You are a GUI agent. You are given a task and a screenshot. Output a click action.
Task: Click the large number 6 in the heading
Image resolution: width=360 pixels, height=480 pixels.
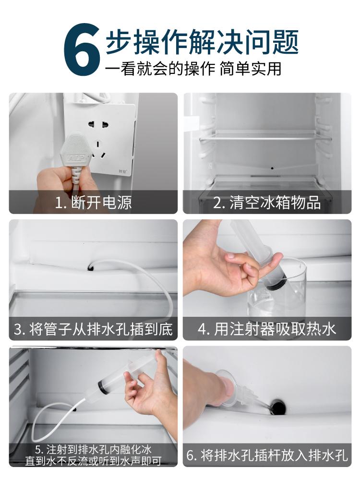pyautogui.click(x=82, y=49)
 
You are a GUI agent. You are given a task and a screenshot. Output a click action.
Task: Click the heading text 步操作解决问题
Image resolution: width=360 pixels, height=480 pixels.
pyautogui.click(x=202, y=42)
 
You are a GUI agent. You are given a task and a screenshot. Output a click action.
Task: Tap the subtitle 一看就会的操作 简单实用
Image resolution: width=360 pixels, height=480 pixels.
pyautogui.click(x=193, y=69)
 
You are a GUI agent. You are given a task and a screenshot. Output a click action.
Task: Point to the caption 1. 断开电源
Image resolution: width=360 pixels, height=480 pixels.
pyautogui.click(x=94, y=203)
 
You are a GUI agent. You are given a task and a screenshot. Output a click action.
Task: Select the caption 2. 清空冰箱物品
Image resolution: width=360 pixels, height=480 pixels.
pyautogui.click(x=266, y=203)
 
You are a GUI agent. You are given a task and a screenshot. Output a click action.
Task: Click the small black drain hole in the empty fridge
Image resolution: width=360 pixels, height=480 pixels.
pyautogui.click(x=272, y=168)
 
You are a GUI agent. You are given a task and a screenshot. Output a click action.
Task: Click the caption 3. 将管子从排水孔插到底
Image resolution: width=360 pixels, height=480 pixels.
pyautogui.click(x=94, y=329)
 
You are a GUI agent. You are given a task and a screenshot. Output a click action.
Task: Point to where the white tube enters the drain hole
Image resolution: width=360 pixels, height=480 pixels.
pyautogui.click(x=91, y=267)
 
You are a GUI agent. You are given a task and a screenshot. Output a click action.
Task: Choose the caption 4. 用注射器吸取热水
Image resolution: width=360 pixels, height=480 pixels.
pyautogui.click(x=266, y=329)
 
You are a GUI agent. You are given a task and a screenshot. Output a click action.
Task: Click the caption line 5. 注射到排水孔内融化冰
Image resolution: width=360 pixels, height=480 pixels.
pyautogui.click(x=94, y=450)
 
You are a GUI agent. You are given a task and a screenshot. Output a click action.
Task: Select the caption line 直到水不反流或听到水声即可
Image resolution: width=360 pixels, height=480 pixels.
pyautogui.click(x=94, y=461)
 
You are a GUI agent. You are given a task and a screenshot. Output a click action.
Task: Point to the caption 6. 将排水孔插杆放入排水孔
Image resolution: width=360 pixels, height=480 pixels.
pyautogui.click(x=266, y=456)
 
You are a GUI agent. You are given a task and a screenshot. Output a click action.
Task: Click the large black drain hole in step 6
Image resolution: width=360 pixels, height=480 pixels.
pyautogui.click(x=278, y=406)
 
